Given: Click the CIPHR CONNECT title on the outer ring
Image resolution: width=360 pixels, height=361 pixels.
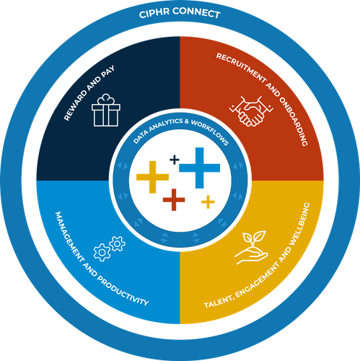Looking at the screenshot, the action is click(x=180, y=13).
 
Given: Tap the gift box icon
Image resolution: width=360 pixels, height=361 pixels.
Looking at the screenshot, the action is click(x=106, y=110).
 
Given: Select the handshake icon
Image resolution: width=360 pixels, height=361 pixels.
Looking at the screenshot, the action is click(x=251, y=111).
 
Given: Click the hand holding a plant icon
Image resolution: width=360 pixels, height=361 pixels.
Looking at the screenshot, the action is click(x=251, y=248).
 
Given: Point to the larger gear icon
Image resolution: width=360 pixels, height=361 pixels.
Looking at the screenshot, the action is click(x=102, y=253).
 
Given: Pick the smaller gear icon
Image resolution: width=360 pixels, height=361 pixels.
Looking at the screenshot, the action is click(x=117, y=244).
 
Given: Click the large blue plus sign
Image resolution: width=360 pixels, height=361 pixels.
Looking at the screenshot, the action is click(x=200, y=168).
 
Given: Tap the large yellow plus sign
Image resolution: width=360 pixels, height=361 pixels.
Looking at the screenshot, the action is click(x=152, y=177).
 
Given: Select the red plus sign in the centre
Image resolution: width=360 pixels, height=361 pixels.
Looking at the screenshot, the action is click(x=174, y=200).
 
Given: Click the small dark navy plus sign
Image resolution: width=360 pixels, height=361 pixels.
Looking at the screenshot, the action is click(x=175, y=160).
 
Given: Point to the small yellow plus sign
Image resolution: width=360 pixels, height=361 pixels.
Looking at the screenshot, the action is click(x=208, y=201).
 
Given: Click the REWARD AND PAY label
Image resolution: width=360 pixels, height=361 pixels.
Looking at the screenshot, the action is click(x=89, y=93).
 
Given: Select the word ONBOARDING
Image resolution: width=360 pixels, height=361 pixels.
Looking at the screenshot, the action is click(x=294, y=121).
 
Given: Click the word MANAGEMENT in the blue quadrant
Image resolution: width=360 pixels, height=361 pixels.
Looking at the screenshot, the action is click(x=70, y=236).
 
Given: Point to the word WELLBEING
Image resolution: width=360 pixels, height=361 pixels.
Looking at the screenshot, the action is click(x=300, y=225).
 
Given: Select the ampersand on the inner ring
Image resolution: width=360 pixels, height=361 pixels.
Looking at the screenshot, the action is click(x=187, y=121).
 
